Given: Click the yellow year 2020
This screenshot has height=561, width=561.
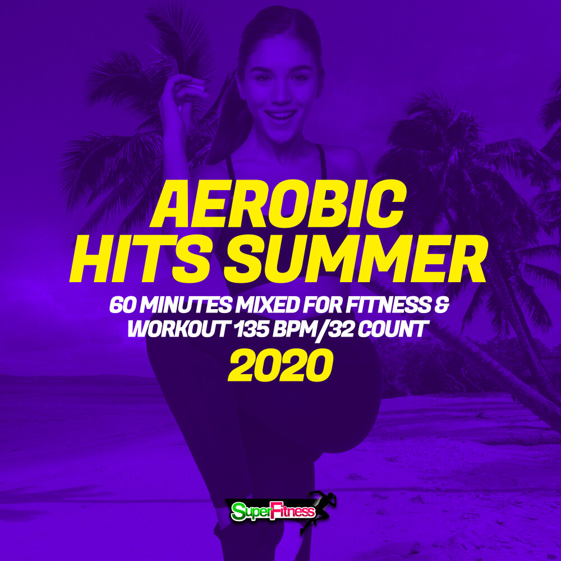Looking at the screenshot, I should (x=280, y=366).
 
